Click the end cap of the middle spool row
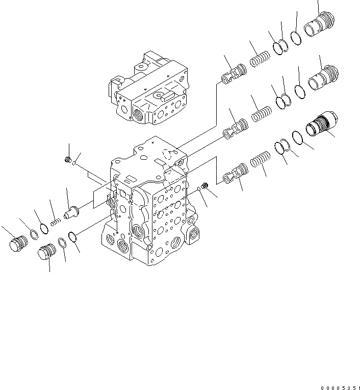pyautogui.click(x=321, y=77)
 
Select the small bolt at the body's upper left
pyautogui.click(x=68, y=161)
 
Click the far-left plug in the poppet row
pyautogui.click(x=18, y=243)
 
